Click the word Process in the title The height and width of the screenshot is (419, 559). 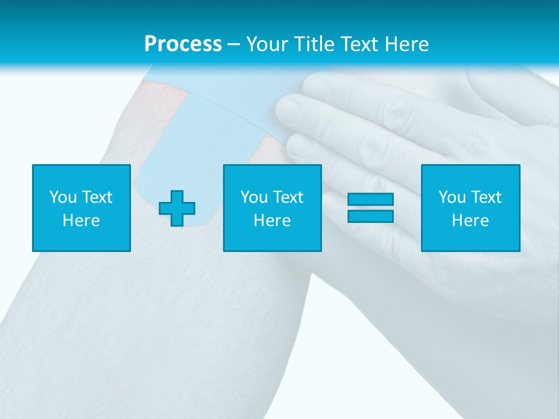coord(183,44)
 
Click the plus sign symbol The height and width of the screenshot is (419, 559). coord(177,208)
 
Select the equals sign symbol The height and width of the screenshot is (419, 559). coord(370,208)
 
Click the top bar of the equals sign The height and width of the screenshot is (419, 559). coord(370,200)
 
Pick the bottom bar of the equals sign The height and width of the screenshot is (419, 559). coord(370,216)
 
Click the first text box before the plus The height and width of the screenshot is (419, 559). coord(82,208)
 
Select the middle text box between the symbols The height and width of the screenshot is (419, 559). coord(272,208)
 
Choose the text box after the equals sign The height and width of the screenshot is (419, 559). coord(470,208)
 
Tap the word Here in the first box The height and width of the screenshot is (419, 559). coord(82,221)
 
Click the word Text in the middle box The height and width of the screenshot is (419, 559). coord(288,197)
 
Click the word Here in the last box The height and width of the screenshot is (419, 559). coord(470,221)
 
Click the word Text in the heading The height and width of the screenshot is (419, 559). coord(359,44)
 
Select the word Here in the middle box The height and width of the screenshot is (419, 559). coord(272,221)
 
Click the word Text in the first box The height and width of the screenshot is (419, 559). coord(97,197)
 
